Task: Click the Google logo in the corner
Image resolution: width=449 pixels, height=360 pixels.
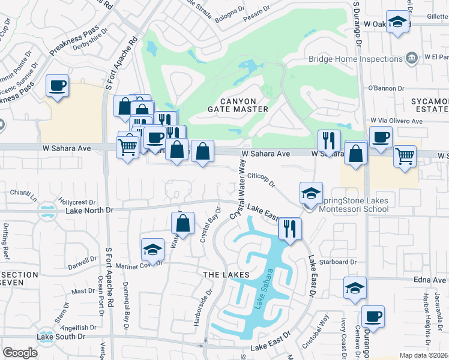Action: tap(20, 353)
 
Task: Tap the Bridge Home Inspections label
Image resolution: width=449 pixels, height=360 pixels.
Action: tap(355, 59)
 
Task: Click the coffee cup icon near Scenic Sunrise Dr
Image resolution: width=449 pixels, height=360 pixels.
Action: tap(57, 86)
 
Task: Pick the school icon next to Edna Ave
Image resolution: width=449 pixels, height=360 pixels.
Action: tap(355, 287)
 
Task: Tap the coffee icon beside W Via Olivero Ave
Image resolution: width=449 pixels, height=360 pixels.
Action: tap(381, 137)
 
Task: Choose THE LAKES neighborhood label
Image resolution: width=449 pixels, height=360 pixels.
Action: tap(226, 275)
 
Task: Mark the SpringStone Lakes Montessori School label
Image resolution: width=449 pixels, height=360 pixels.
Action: tap(348, 205)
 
